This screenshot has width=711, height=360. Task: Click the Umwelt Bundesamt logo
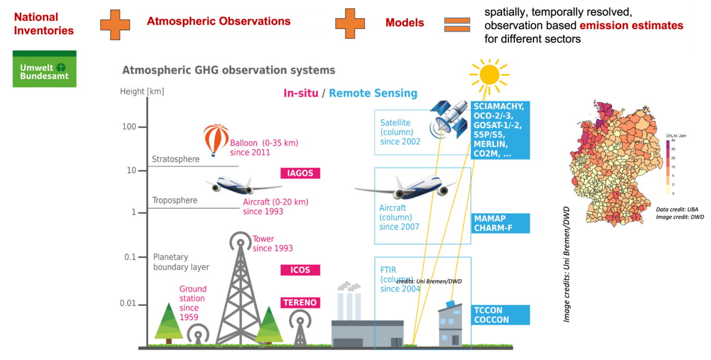pyautogui.click(x=44, y=68)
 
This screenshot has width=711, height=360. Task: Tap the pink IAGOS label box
pyautogui.click(x=300, y=173)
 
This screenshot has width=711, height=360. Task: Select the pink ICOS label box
pyautogui.click(x=300, y=270)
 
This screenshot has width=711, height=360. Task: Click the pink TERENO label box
pyautogui.click(x=300, y=303)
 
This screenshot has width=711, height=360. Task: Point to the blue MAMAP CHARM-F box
pyautogui.click(x=500, y=223)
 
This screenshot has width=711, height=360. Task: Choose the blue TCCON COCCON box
pyautogui.click(x=500, y=315)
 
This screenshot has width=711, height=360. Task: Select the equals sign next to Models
pyautogui.click(x=457, y=24)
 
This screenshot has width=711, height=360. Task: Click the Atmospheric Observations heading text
pyautogui.click(x=218, y=22)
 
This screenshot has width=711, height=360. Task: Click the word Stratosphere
pyautogui.click(x=176, y=159)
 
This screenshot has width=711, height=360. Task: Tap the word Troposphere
pyautogui.click(x=175, y=200)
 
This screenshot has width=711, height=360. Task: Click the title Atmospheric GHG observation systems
pyautogui.click(x=228, y=70)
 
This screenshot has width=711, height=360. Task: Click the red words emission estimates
pyautogui.click(x=631, y=26)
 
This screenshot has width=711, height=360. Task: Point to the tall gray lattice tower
pyautogui.click(x=240, y=294)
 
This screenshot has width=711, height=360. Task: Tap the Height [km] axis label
pyautogui.click(x=141, y=91)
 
